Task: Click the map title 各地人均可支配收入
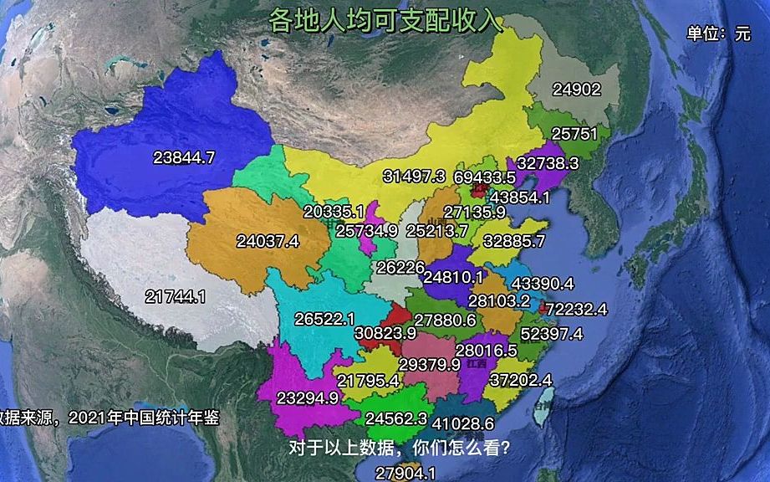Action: tap(384, 20)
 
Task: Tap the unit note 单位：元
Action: tap(718, 33)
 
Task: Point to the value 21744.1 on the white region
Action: tap(175, 296)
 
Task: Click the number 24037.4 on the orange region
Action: tap(268, 241)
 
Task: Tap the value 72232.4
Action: tap(577, 309)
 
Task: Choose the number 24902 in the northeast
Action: tap(577, 90)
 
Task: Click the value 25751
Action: tap(575, 134)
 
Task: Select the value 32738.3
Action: tap(548, 163)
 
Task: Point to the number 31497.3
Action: tap(415, 177)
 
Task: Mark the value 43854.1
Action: tap(520, 197)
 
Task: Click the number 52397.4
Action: tap(552, 333)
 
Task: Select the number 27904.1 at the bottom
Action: tap(405, 473)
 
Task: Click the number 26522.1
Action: tap(324, 319)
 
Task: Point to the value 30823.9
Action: tap(385, 332)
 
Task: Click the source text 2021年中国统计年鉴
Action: tap(144, 418)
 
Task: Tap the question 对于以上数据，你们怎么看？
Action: tap(400, 447)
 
